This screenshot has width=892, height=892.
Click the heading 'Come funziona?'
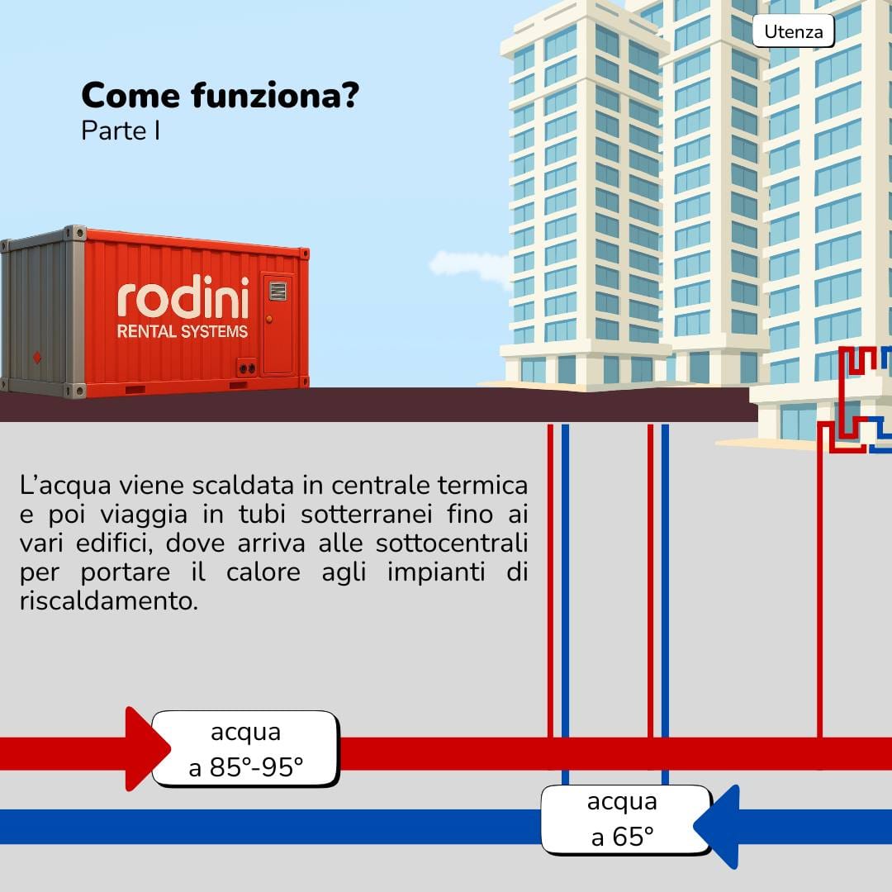click(x=220, y=97)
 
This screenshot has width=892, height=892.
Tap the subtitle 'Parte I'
click(x=121, y=131)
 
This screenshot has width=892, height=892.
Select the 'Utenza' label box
click(x=793, y=32)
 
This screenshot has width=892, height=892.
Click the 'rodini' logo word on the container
click(x=183, y=299)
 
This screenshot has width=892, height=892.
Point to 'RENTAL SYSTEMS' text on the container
click(x=182, y=332)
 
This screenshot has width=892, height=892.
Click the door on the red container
click(x=278, y=325)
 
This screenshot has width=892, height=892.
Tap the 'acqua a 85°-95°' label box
click(x=245, y=749)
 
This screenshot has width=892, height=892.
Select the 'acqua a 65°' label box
click(x=624, y=819)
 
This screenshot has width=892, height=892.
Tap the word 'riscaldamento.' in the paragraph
click(x=109, y=600)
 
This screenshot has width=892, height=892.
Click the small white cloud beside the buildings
click(x=469, y=265)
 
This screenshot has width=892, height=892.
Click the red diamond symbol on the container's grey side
click(x=36, y=357)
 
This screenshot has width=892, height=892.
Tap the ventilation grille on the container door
click(x=278, y=291)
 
